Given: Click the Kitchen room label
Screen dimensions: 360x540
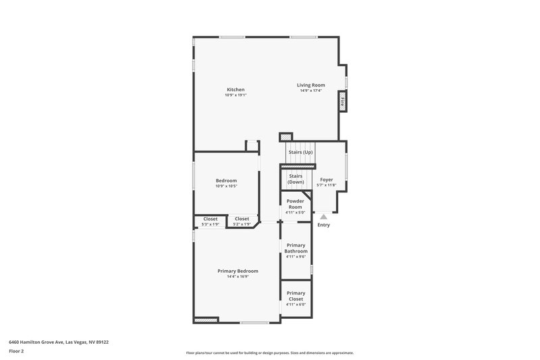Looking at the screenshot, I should [x=236, y=90].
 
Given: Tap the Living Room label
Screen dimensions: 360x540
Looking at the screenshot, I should [x=311, y=85].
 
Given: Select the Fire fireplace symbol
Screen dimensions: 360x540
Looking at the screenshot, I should [x=342, y=103].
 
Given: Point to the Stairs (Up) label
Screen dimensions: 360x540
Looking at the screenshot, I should [x=300, y=152].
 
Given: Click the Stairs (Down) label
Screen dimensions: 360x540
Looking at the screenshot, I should [x=296, y=179].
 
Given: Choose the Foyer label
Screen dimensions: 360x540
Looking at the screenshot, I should [x=327, y=180].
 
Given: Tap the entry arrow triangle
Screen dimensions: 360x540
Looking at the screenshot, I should [x=323, y=217].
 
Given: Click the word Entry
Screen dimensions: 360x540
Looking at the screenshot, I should [x=323, y=225].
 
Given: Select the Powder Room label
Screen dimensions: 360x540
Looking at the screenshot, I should [x=295, y=204].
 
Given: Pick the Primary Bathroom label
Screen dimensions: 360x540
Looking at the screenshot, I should [x=296, y=248].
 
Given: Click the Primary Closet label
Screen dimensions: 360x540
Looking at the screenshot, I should [x=296, y=296].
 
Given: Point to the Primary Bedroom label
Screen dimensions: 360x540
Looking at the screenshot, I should [x=238, y=271].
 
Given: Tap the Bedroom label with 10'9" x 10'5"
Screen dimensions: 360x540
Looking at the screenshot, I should [x=226, y=180].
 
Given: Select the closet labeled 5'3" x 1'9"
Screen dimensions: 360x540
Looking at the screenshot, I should [x=211, y=221].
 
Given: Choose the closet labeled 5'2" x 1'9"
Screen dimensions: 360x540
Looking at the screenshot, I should [x=242, y=221].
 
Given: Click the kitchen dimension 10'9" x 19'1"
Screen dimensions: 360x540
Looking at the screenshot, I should [x=236, y=95].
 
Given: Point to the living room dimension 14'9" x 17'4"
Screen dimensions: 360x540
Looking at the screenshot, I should [x=311, y=91].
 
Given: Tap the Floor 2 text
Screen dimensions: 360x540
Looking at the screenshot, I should [x=16, y=351].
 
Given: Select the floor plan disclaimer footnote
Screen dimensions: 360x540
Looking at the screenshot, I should [x=269, y=353].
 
